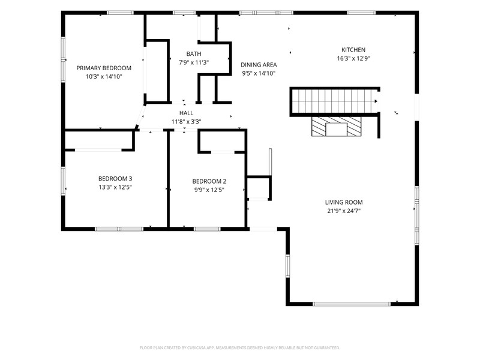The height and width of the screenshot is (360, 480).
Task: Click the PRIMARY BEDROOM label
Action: point(104,68)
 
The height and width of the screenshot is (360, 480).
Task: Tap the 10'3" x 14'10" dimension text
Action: point(104,77)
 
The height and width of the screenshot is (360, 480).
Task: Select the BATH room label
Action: point(194,54)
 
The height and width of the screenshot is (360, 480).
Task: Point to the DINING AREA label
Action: point(259,65)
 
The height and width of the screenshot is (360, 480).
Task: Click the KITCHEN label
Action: point(353,50)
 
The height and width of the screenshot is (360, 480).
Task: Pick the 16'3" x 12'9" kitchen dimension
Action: point(353,58)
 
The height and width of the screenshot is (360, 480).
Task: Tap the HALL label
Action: point(186,113)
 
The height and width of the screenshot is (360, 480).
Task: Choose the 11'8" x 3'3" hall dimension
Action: point(186,122)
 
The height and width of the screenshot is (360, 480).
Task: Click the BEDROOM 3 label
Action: point(115,178)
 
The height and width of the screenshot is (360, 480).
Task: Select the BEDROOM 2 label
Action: point(209,181)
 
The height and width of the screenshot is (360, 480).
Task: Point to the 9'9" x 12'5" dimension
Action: point(209,190)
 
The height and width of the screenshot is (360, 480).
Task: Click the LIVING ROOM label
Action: point(344,202)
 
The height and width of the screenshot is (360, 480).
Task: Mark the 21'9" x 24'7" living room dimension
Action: point(344,211)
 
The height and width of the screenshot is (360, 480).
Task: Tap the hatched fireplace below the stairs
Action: point(336,127)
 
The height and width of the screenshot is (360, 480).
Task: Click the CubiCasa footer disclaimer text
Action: point(239,348)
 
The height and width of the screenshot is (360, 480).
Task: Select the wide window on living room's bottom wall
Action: point(352,304)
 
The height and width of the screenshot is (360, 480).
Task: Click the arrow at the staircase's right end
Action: point(376,101)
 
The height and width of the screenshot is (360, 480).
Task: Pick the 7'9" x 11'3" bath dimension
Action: point(194,62)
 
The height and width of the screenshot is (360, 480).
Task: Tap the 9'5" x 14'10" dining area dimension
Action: point(259,73)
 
